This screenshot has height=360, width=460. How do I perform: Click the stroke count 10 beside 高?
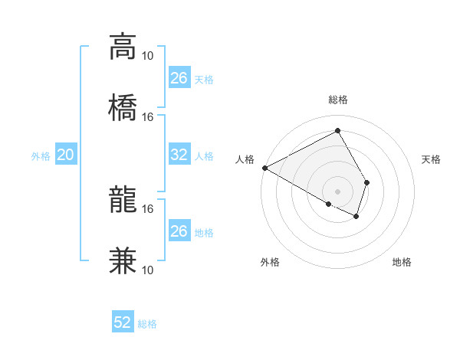coord(148,55)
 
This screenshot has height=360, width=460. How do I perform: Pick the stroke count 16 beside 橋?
coord(148,116)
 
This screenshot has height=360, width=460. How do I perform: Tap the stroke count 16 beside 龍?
coord(148,208)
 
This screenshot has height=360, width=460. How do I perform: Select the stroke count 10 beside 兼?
coord(148,270)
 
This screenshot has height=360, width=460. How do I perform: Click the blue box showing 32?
coord(179,155)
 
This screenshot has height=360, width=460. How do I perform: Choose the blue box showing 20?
coord(66,155)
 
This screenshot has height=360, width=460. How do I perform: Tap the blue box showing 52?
coord(123,322)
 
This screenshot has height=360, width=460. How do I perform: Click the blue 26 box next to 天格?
coord(179,78)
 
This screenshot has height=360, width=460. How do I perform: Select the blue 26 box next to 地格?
coord(179,231)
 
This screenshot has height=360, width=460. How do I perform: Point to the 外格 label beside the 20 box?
coord(41,156)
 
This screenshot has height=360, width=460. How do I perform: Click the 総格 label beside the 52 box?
coord(147,324)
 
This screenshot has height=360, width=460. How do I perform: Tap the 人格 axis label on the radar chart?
coord(245,159)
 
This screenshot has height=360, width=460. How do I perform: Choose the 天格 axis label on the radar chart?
coord(431,159)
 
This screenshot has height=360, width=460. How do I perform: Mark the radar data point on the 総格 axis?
coord(337,131)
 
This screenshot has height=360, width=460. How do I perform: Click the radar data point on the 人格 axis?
coord(264,168)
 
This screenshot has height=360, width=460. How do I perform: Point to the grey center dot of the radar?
coord(337,191)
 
